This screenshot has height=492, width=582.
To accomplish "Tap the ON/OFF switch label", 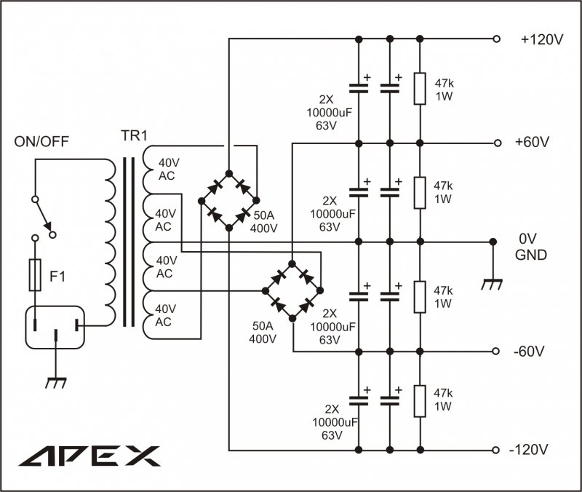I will pyautogui.click(x=42, y=140).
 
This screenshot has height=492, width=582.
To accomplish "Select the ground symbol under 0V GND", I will pyautogui.click(x=493, y=285).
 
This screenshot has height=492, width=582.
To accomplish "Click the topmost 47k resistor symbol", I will pyautogui.click(x=420, y=89).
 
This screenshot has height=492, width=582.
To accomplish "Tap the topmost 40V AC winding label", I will pyautogui.click(x=167, y=169).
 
